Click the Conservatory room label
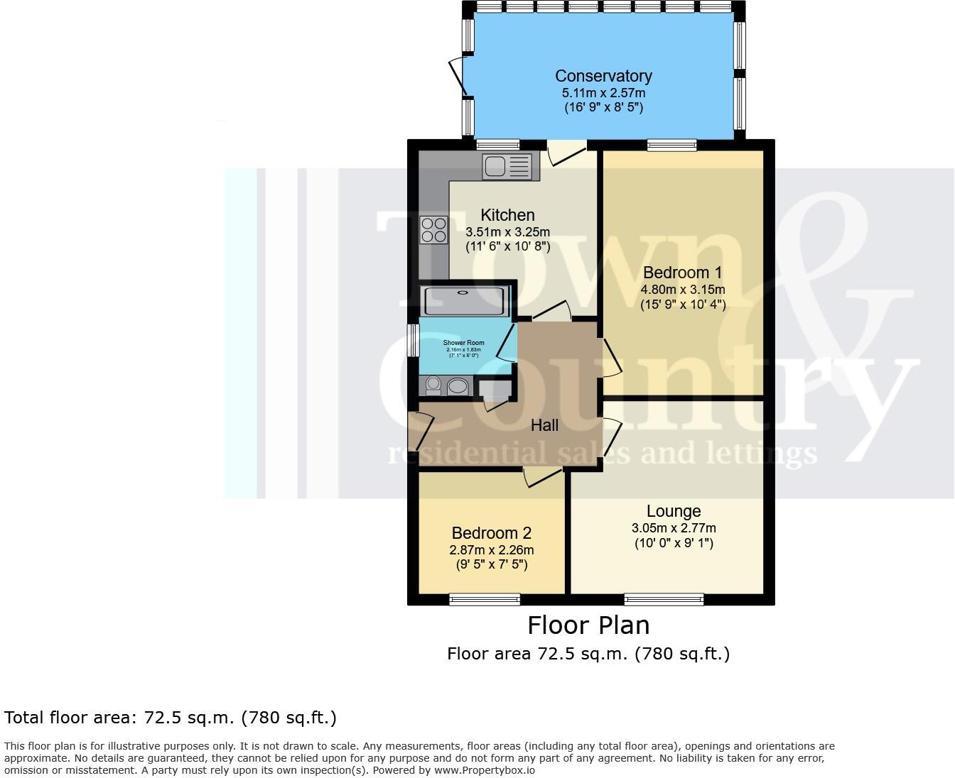tap(603, 76)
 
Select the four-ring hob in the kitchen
tap(433, 229)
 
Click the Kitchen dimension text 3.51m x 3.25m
tap(507, 231)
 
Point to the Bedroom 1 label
tap(682, 273)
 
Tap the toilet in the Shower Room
tap(433, 385)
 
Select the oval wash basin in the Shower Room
tap(459, 386)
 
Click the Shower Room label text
tap(463, 343)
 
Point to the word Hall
tap(545, 425)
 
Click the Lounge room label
tap(674, 511)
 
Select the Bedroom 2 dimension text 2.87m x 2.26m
tap(492, 549)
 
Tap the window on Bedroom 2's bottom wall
tap(485, 600)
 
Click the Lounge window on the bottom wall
tap(664, 599)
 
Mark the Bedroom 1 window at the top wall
tap(671, 145)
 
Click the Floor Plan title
tap(588, 625)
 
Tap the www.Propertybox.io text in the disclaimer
tap(485, 770)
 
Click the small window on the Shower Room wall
tap(412, 340)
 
